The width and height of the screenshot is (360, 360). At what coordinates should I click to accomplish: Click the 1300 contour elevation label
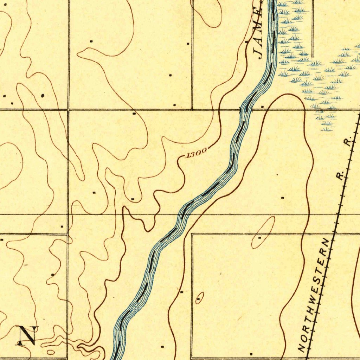click(x=196, y=153)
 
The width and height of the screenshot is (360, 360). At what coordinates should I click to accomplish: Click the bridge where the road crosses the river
click(x=246, y=110)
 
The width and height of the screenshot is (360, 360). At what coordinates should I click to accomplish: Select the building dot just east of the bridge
click(x=263, y=106)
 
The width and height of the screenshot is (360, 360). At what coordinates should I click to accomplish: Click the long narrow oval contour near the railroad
click(x=263, y=232)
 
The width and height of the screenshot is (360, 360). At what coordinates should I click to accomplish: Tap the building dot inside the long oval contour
click(x=259, y=238)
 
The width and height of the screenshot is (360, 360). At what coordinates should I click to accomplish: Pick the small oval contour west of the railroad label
click(x=199, y=297)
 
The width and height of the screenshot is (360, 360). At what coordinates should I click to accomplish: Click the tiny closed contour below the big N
click(x=51, y=352)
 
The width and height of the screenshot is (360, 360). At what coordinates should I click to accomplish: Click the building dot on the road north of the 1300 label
click(x=134, y=114)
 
